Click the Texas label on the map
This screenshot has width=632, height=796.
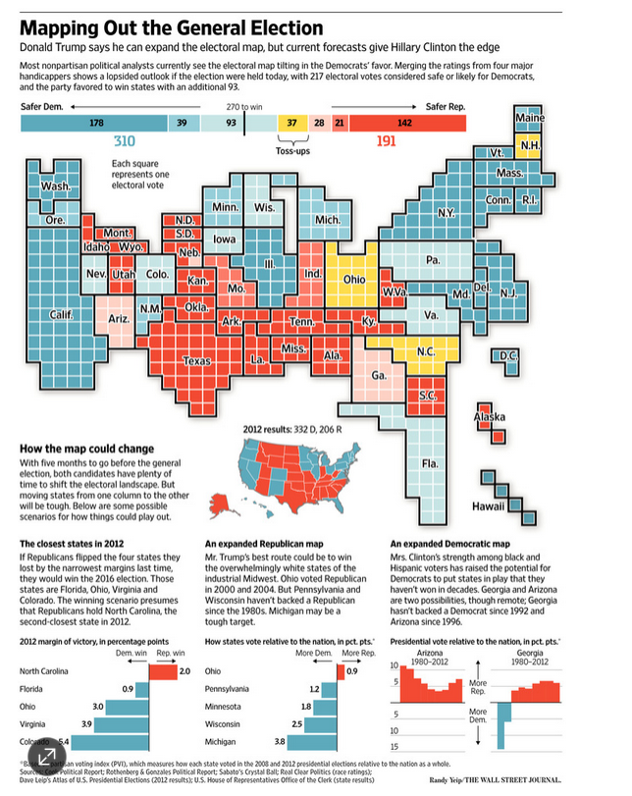click(x=197, y=361)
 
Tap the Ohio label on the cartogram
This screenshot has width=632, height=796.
click(x=353, y=279)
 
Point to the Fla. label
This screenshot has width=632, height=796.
click(x=429, y=462)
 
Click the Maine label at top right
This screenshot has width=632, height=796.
click(x=530, y=119)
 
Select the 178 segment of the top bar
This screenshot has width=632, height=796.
click(x=95, y=123)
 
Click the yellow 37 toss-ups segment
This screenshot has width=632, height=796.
click(x=291, y=123)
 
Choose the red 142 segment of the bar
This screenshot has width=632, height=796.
click(x=404, y=123)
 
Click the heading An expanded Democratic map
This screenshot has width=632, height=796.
click(x=448, y=544)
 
